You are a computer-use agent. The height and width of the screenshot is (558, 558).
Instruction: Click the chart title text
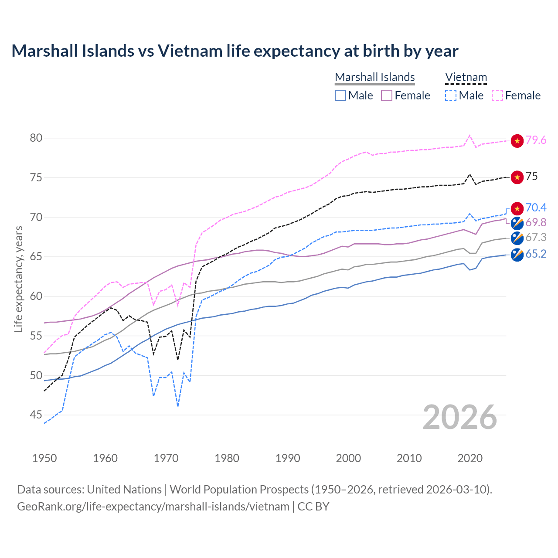point(235,51)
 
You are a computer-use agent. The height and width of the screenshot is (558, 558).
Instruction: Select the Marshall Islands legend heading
point(374,77)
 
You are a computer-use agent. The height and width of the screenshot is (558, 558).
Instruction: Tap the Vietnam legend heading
point(466,77)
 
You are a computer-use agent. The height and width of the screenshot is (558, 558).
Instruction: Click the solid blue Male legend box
point(340,95)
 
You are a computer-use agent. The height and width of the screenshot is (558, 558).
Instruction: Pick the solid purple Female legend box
point(387,95)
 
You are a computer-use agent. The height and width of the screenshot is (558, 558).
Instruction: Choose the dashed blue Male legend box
point(451,95)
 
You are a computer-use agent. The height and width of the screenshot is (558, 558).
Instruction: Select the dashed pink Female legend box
point(497,95)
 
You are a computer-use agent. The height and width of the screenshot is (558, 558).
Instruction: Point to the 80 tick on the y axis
point(36,138)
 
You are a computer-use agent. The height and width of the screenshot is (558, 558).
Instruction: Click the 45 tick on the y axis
point(36,415)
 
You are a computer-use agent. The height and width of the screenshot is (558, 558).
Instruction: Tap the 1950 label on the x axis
point(44,458)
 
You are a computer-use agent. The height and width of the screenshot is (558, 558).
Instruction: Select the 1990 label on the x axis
point(288,458)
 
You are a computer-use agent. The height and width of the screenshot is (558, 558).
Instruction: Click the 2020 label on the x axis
point(470,458)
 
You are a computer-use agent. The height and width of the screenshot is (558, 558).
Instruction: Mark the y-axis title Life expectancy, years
point(18,279)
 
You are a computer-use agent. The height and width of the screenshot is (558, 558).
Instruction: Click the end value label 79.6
point(536,140)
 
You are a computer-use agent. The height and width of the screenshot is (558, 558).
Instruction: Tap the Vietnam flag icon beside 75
point(517,177)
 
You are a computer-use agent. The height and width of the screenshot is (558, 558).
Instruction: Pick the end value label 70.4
point(536,208)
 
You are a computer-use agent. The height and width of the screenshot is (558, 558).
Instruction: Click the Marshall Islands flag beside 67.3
point(517,238)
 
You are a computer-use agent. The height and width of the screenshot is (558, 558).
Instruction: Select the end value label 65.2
point(536,254)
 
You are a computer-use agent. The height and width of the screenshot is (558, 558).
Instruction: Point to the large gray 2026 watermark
point(459,417)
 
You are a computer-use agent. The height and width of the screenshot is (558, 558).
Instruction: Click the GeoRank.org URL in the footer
point(153,507)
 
